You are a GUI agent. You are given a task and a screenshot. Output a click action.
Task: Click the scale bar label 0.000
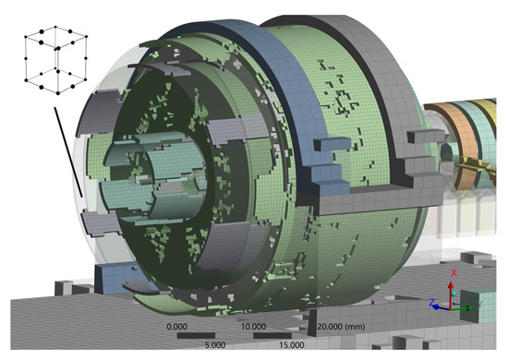click(x=177, y=327)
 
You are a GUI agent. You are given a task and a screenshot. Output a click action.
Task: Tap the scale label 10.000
click(x=253, y=327)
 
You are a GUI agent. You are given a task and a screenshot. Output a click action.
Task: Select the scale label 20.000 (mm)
click(x=341, y=327)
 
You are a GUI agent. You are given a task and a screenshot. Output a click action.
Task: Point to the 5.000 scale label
click(x=215, y=345)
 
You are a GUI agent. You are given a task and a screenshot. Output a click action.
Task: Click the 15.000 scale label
click(x=292, y=345)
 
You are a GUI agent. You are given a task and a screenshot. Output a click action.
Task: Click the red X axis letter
click(x=454, y=273)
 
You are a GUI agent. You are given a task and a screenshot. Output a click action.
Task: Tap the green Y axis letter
click(x=479, y=304)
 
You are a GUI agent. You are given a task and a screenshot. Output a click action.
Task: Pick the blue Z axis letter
click(x=432, y=303)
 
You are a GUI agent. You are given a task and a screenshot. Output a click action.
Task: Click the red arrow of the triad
click(x=451, y=294)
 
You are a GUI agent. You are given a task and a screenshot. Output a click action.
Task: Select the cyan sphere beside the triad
click(x=454, y=294)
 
